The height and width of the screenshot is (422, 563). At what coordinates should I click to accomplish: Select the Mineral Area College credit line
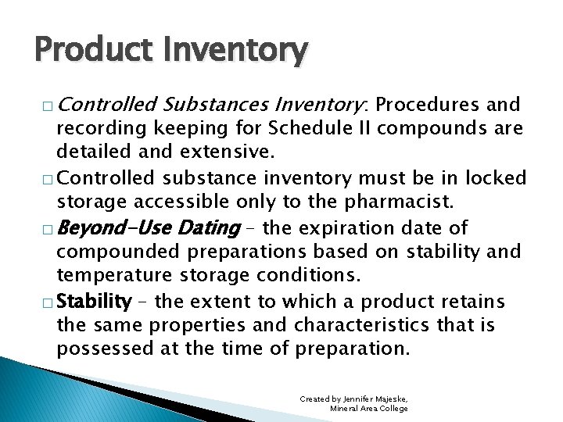[x=369, y=409]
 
